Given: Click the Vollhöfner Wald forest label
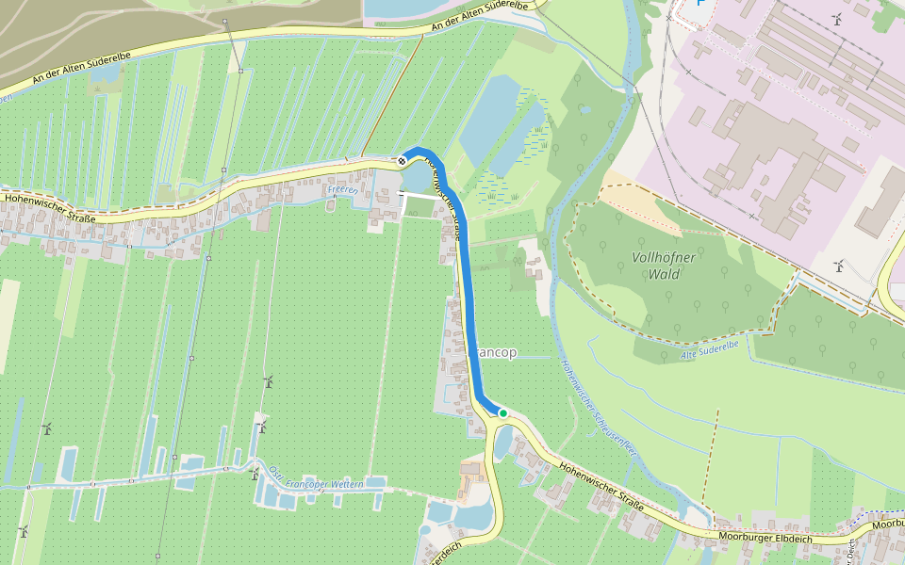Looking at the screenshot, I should (657, 266).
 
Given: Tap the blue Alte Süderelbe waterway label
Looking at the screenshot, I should (709, 346).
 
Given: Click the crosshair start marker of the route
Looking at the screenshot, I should (403, 161).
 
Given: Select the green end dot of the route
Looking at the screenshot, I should (503, 412).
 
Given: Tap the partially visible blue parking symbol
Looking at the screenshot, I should (699, 3).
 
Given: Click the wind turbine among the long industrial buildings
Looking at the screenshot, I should (836, 19).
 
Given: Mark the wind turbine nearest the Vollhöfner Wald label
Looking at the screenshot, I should (837, 266).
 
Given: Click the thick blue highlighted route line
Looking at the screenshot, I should (469, 301).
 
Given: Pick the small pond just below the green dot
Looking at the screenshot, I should (502, 440).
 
